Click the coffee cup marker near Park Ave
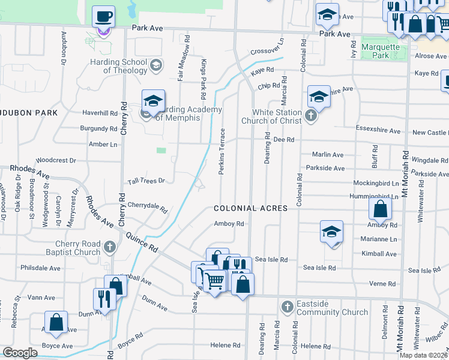pyautogui.click(x=104, y=17)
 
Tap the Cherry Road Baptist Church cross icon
pyautogui.click(x=110, y=247)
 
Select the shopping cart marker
pyautogui.click(x=214, y=280)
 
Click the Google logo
pyautogui.click(x=20, y=353)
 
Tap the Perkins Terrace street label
pyautogui.click(x=221, y=152)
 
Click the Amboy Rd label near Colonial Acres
pyautogui.click(x=230, y=224)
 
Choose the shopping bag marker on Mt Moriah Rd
pyautogui.click(x=380, y=209)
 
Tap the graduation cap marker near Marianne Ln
pyautogui.click(x=331, y=232)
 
